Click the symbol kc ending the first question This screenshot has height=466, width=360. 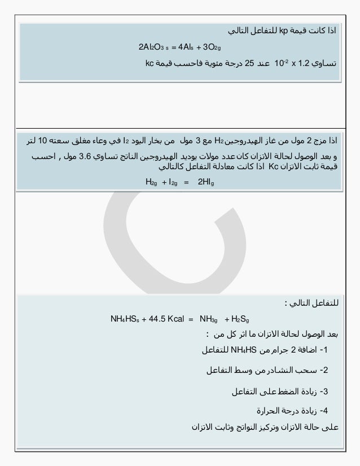click(150, 63)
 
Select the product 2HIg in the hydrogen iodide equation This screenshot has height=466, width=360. click(204, 182)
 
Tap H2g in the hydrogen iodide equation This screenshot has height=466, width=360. click(151, 182)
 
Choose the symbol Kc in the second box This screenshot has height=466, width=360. click(274, 167)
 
